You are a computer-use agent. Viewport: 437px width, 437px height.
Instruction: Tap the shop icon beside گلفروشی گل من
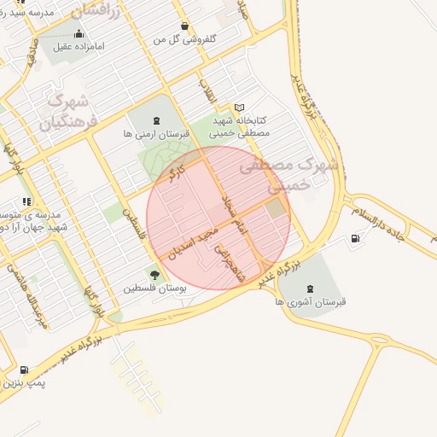click(186, 26)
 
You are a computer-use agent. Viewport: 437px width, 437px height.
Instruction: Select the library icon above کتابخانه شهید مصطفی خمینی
click(239, 108)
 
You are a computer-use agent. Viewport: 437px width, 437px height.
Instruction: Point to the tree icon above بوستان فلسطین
click(154, 275)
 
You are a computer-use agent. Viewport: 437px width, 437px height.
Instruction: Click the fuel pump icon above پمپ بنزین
click(23, 370)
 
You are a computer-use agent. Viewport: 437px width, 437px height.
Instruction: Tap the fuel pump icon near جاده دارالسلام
click(355, 238)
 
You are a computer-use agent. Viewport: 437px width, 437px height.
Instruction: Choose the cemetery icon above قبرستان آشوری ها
click(308, 285)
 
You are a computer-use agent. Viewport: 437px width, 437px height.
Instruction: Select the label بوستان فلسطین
click(155, 288)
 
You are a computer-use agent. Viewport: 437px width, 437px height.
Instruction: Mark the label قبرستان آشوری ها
click(309, 301)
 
